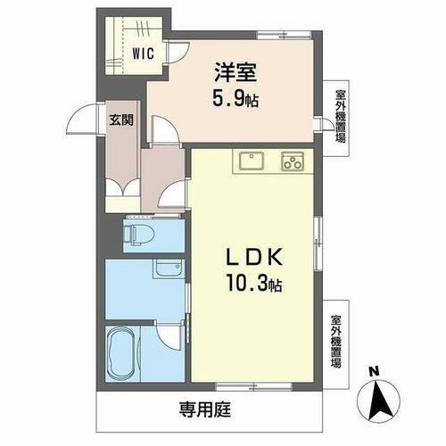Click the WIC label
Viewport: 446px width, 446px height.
[x=145, y=53]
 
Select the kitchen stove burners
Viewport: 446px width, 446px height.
[x=293, y=161]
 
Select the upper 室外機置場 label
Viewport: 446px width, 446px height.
[x=340, y=121]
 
